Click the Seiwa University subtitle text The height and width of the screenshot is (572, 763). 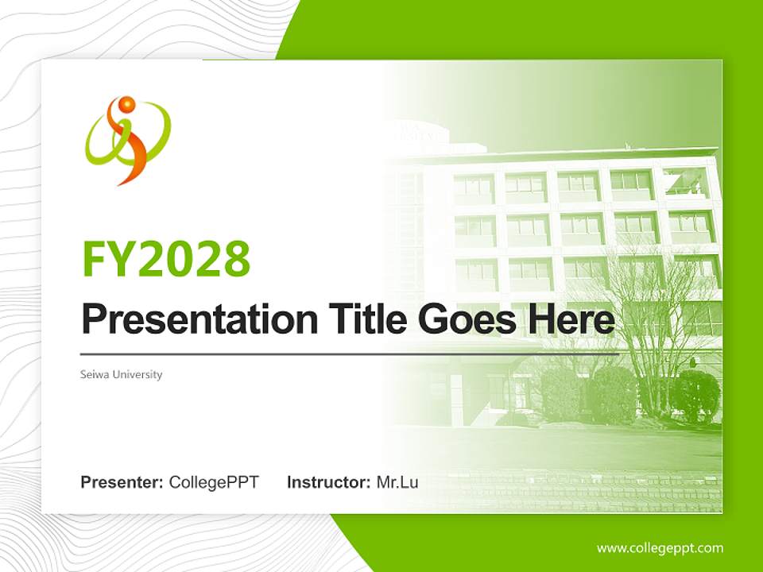click(121, 374)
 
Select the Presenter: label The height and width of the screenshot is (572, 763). click(122, 482)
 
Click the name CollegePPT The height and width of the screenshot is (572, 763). click(214, 482)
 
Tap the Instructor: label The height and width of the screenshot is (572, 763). click(328, 482)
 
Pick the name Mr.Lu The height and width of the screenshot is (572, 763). click(397, 482)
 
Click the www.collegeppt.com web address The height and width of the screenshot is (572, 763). click(660, 548)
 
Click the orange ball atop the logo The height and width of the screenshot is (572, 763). click(126, 104)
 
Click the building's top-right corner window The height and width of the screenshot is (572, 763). click(685, 184)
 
